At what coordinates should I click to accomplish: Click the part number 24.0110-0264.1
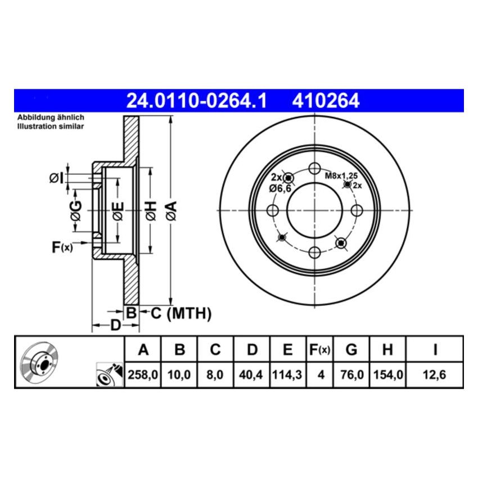pos(196,101)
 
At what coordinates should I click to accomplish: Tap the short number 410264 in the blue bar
pos(325,101)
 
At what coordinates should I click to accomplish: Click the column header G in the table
pos(351,350)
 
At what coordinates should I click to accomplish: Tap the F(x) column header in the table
pos(319,350)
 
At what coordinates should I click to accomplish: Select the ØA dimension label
pos(172,210)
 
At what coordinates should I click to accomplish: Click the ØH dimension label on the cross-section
pos(150,210)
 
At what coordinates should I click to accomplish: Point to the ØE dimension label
pos(118,210)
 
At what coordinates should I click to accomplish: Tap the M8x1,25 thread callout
pos(341,175)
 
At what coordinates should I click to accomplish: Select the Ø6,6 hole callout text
pos(279,188)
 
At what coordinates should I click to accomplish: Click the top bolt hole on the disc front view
pos(314,168)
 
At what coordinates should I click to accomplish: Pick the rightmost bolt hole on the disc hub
pos(356,210)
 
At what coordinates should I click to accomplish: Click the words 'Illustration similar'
pos(51,127)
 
